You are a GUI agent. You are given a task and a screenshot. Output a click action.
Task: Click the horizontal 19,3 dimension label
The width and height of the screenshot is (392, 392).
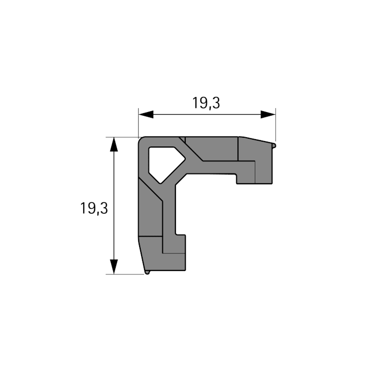pos(206,103)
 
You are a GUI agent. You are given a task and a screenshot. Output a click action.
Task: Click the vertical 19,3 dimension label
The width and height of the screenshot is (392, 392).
pos(94,208)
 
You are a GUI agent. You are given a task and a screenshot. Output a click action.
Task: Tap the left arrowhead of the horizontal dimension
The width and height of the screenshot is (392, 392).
pos(146,115)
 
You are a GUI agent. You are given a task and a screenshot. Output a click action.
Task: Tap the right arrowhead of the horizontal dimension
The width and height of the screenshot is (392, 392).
pos(268,115)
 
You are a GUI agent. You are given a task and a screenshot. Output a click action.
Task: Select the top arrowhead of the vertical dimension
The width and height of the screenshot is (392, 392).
pos(114,145)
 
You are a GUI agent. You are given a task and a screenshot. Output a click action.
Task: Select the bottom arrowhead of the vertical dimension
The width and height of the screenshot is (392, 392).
pos(114,267)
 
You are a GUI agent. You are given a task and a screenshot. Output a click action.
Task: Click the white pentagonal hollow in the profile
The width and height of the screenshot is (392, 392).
pos(165,164)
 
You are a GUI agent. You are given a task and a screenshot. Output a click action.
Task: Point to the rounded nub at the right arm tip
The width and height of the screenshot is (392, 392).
pos(274,146)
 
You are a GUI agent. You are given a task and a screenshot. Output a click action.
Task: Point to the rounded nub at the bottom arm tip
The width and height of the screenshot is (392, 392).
pos(147,272)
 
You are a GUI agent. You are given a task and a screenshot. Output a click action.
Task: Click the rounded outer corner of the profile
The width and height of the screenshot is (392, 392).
pos(141,140)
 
